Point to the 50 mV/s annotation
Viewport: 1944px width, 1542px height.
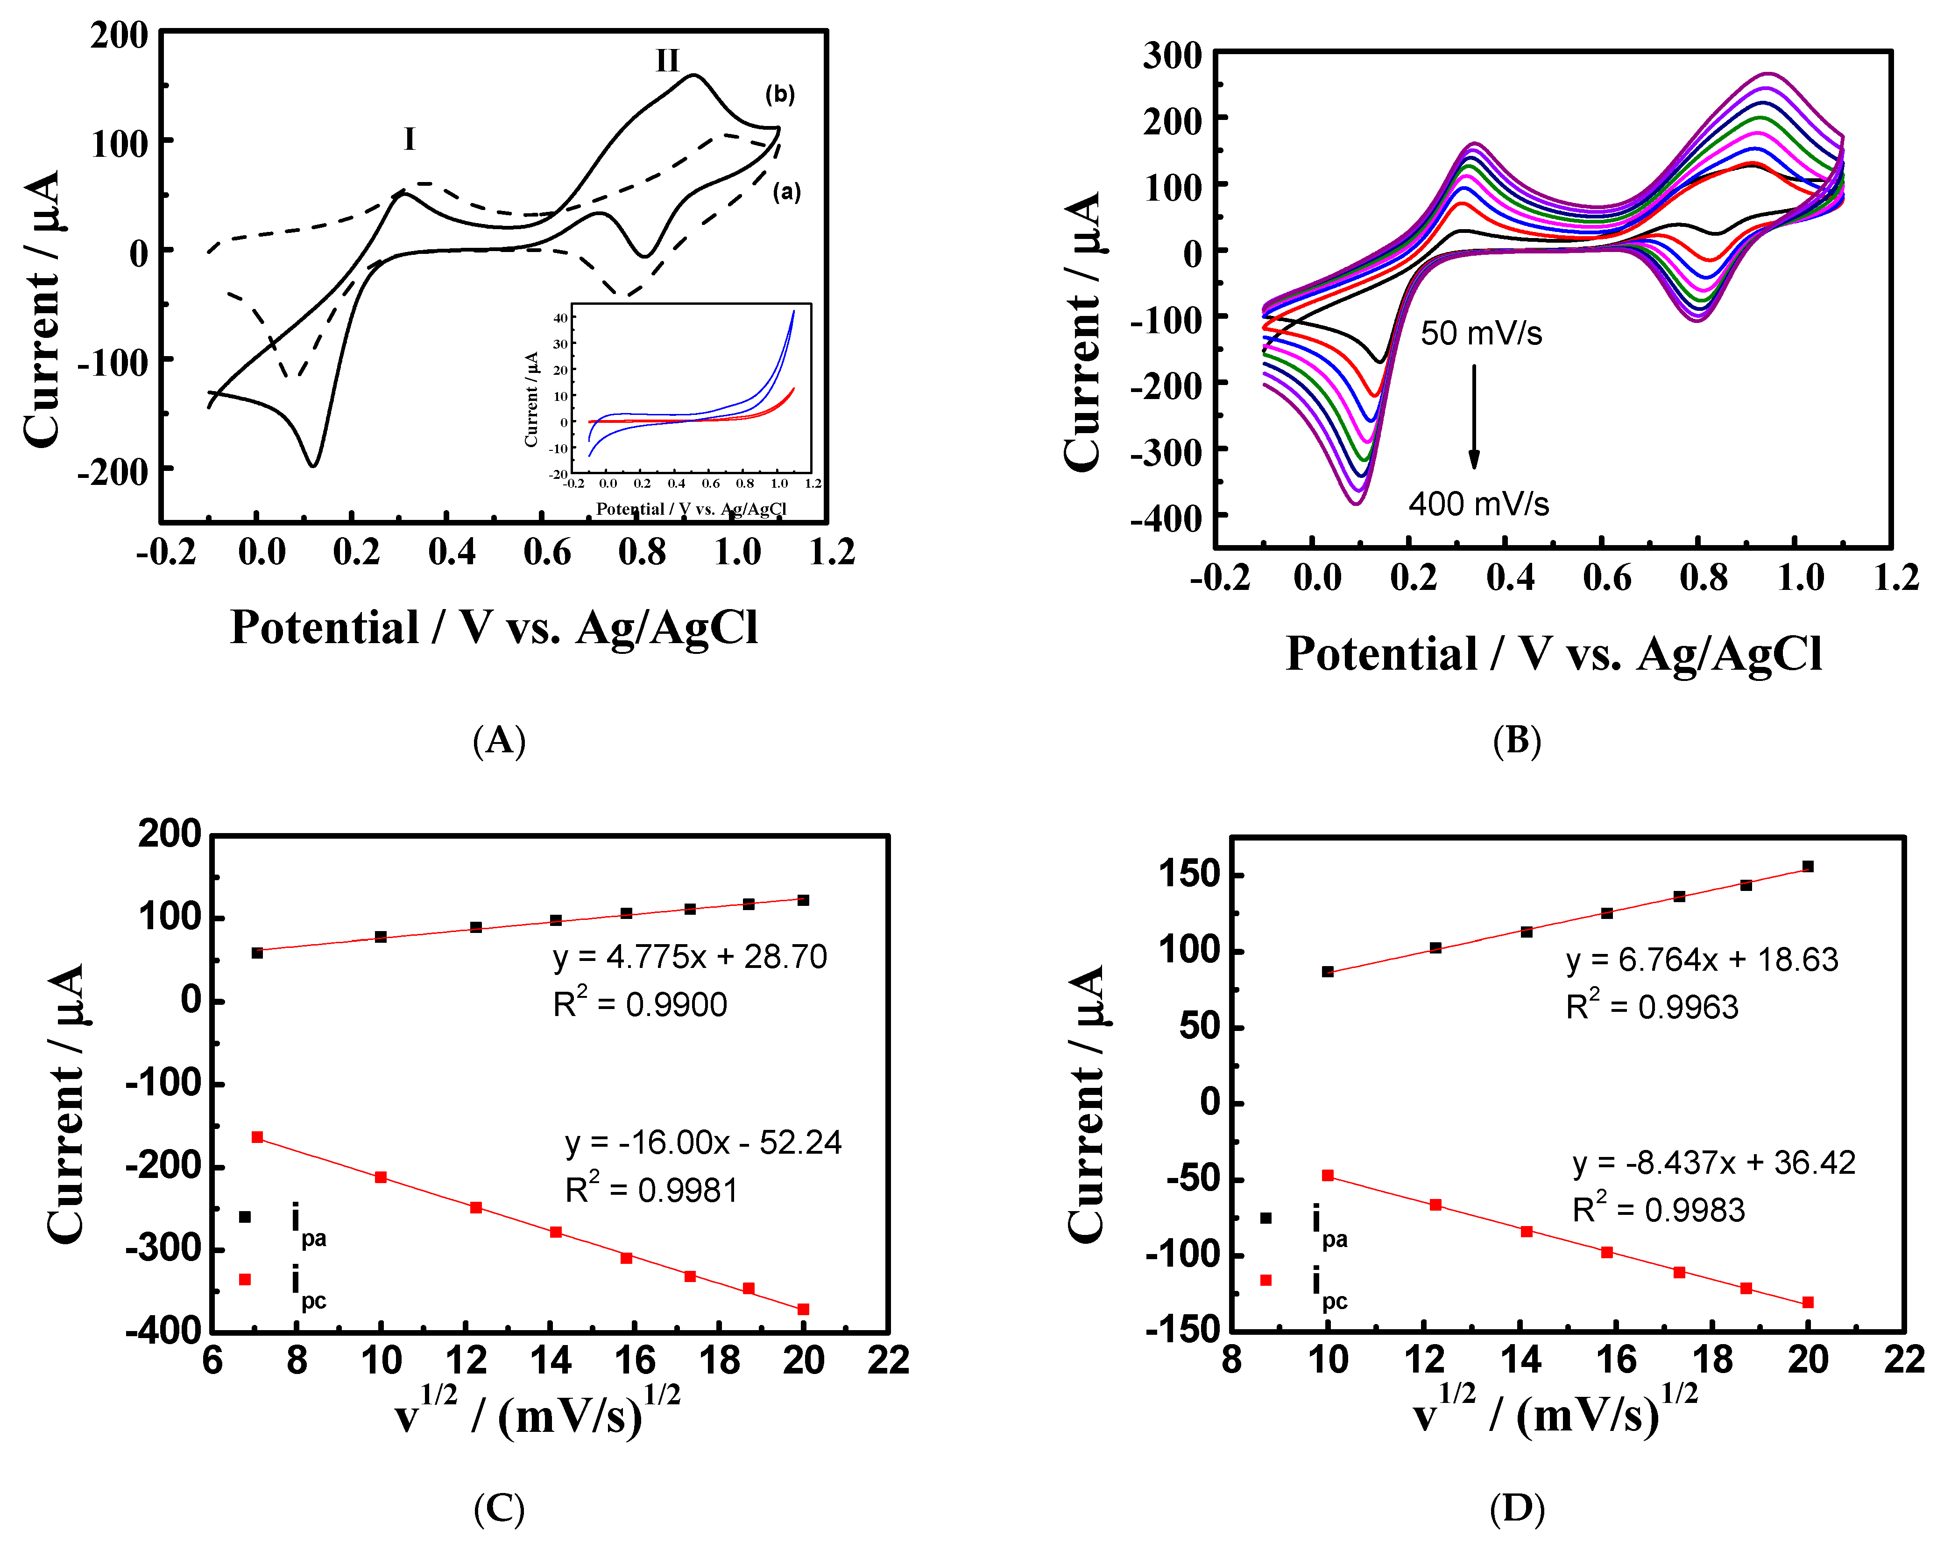(1481, 333)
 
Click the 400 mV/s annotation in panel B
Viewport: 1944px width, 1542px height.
(1479, 503)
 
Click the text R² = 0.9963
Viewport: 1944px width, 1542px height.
(1652, 1006)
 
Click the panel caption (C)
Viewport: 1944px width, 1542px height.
(499, 1508)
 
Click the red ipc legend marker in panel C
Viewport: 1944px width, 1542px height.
(244, 1279)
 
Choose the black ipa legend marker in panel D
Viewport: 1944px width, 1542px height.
(1266, 1218)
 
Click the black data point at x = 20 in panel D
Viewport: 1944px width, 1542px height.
(1808, 866)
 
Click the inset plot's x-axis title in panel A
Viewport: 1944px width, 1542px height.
(692, 509)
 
